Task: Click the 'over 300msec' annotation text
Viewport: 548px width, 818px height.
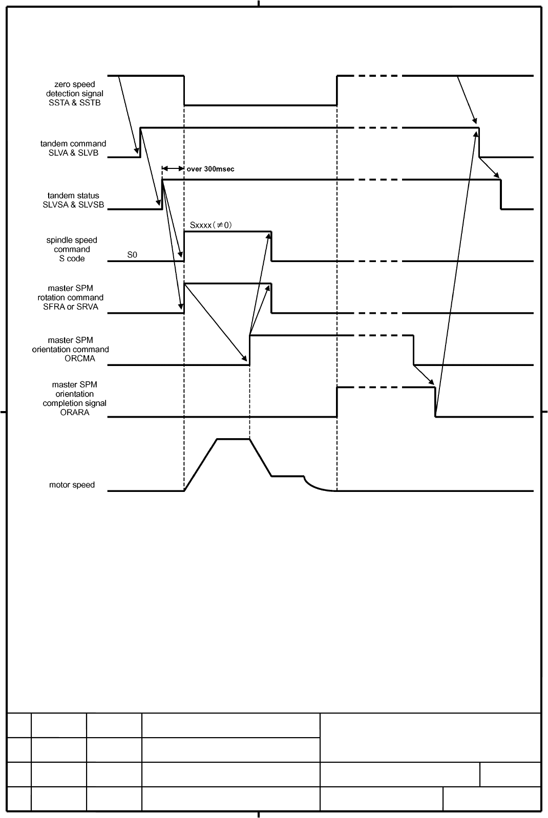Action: click(210, 169)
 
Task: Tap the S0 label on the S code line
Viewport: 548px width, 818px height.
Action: click(132, 254)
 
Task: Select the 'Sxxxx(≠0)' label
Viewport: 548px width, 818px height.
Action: click(211, 225)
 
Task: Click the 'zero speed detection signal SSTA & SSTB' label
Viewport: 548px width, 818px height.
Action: click(75, 94)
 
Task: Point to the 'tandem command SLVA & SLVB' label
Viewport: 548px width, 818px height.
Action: click(73, 148)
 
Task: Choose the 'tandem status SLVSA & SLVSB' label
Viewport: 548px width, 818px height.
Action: click(73, 200)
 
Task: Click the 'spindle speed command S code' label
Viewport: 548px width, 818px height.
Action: click(72, 249)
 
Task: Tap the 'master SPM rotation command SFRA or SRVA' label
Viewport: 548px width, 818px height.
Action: click(71, 297)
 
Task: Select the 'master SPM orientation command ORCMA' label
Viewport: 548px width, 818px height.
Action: click(71, 349)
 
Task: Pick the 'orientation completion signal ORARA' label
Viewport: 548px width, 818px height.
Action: click(75, 398)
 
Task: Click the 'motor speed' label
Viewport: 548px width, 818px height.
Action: click(72, 485)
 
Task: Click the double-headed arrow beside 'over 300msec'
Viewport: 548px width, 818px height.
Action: click(173, 168)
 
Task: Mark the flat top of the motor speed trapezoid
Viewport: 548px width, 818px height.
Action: click(234, 439)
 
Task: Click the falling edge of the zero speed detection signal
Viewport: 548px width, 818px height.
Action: click(184, 91)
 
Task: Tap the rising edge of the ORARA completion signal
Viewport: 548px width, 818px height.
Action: click(337, 402)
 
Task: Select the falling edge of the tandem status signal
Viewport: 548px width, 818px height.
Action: click(501, 195)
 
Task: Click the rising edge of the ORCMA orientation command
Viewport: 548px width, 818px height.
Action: click(249, 350)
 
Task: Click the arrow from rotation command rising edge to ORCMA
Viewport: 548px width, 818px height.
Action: click(216, 323)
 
